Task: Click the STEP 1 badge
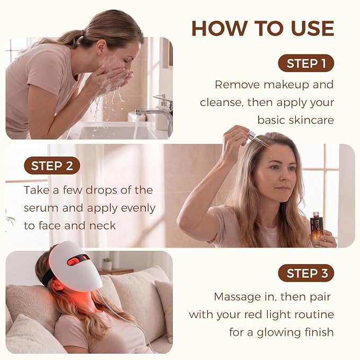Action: click(x=306, y=63)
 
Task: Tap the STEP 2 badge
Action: click(x=52, y=165)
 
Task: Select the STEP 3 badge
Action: click(x=306, y=273)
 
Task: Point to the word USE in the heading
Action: click(x=312, y=29)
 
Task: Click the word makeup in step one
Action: click(x=286, y=85)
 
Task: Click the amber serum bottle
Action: click(x=317, y=229)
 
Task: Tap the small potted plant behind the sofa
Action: click(x=107, y=264)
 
